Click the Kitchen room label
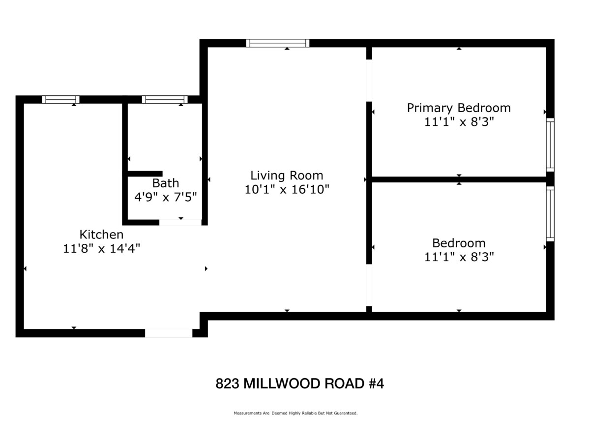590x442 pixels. pos(101,235)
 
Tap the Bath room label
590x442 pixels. pos(166,183)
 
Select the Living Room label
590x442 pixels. pos(287,176)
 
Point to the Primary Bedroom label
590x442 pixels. pos(459,108)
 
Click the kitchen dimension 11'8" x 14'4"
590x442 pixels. pos(101,249)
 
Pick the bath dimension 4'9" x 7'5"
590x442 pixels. pos(166,197)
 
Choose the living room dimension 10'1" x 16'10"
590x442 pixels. pos(287,189)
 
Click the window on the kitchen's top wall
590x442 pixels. pos(61,99)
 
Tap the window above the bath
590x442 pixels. pos(165,99)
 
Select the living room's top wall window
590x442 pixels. pos(278,43)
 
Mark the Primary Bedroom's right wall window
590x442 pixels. pos(550,145)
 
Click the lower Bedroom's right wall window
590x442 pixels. pos(550,214)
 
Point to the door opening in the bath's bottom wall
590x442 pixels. pos(180,222)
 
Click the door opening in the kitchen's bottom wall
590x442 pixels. pos(169,333)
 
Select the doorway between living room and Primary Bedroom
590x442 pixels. pos(369,80)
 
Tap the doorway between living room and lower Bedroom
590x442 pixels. pos(369,285)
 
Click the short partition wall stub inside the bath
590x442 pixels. pos(145,174)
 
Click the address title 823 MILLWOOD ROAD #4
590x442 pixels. pos(300,383)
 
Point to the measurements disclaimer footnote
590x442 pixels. pos(295,413)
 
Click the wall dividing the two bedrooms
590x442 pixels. pos(459,179)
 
